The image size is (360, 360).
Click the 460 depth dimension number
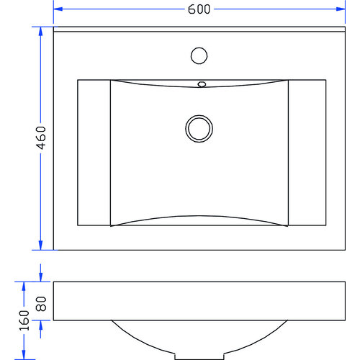(x=41, y=139)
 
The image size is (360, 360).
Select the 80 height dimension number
(x=41, y=302)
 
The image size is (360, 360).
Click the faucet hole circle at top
(x=199, y=55)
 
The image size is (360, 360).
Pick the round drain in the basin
(x=199, y=128)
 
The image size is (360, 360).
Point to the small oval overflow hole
(x=202, y=84)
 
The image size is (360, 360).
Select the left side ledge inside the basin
(x=94, y=153)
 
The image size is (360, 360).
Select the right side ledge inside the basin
(x=307, y=153)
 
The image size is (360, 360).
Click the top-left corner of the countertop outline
(x=55, y=27)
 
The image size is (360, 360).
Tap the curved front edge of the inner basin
(x=199, y=216)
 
